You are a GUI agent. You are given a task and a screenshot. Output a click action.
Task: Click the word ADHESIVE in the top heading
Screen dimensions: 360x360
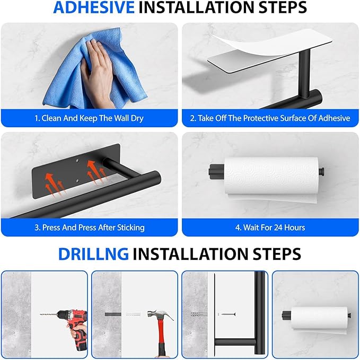94,8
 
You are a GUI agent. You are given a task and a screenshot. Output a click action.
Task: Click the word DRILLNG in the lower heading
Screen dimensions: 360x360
93,253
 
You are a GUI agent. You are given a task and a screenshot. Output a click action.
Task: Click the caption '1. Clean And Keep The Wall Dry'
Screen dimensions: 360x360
89,118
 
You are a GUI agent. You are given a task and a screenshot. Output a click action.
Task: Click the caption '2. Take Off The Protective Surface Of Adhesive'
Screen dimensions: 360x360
270,118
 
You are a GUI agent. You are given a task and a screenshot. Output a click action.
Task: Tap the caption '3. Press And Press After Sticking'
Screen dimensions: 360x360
89,227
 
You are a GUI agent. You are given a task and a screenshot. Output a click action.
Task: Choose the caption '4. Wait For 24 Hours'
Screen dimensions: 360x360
270,227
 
